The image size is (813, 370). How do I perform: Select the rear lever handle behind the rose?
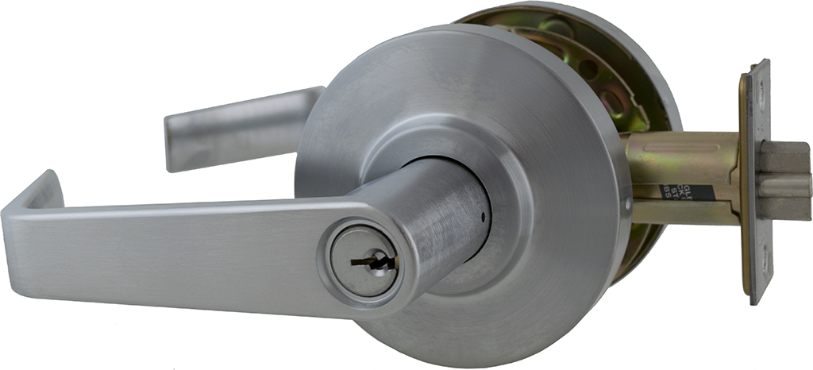pos(238,127)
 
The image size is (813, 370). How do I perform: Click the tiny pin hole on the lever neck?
pos(482,215)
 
